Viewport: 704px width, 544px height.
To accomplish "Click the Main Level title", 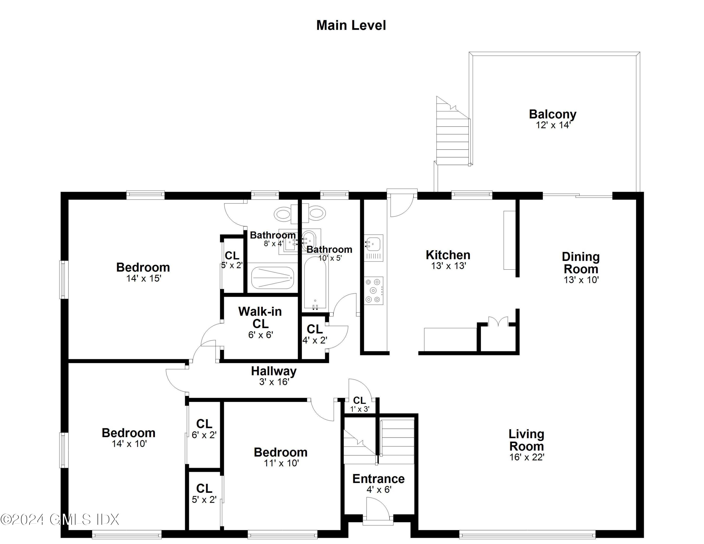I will [x=351, y=25].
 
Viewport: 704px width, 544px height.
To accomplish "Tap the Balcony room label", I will [x=552, y=114].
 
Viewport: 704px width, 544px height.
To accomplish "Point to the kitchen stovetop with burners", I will [x=374, y=290].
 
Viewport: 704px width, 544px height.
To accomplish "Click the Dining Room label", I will [x=581, y=263].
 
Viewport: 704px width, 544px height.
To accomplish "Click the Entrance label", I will [x=379, y=479].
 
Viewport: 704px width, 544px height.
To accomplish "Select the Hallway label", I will [x=274, y=371].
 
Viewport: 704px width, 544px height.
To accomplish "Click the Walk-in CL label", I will [x=260, y=318].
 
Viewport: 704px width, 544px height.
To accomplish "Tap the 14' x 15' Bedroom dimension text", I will [x=143, y=278].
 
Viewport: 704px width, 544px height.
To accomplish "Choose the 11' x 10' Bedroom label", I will [x=281, y=452].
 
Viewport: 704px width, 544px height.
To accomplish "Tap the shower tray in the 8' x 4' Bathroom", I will [x=272, y=278].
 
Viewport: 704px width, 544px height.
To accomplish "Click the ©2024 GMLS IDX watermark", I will [x=60, y=520].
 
